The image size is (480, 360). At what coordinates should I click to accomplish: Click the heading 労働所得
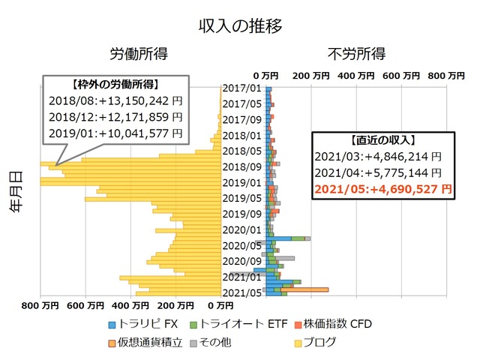139,54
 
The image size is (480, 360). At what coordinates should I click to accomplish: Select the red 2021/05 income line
383,189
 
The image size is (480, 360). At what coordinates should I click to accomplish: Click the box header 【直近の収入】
383,140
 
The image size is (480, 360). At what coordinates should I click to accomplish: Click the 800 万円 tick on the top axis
444,76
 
